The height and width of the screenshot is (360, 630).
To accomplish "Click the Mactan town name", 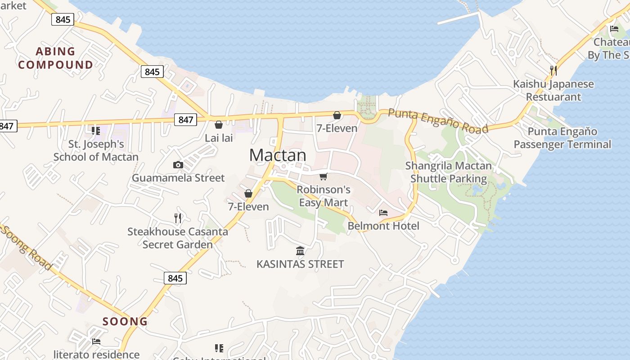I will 278,155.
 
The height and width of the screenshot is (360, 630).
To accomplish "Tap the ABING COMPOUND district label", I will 55,58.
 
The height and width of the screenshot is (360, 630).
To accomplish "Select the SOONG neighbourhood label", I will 125,321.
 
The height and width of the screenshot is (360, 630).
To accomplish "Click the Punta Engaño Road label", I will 438,121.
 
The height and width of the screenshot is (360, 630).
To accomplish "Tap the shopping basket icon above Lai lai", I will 219,125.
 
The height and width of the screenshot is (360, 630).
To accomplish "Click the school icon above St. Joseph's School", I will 95,131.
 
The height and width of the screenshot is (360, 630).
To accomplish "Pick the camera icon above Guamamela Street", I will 178,165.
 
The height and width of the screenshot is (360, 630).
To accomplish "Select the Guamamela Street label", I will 178,178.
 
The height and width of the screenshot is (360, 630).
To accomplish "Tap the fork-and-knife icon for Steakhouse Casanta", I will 178,218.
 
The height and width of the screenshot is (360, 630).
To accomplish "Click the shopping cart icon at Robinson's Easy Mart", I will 323,176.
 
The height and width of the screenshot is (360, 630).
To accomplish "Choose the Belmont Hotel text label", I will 383,226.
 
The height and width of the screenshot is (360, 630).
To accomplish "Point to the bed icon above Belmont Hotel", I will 383,212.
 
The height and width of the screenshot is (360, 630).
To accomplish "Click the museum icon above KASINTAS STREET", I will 300,251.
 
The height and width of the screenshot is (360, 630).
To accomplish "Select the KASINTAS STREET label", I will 300,264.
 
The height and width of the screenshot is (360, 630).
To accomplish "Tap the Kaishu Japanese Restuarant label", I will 553,90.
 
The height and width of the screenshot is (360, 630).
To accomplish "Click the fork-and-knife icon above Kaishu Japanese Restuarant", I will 553,71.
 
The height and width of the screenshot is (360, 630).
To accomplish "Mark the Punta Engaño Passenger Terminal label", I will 562,138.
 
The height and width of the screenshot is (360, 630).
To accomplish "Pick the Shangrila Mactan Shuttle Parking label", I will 449,172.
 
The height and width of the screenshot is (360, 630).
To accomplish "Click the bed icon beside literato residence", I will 96,342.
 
